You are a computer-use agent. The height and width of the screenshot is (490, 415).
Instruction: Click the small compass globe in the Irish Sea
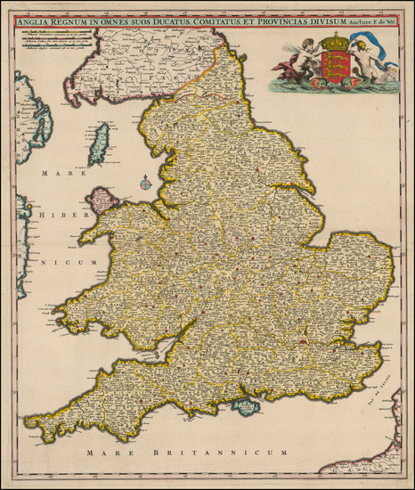pyautogui.click(x=144, y=184)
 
